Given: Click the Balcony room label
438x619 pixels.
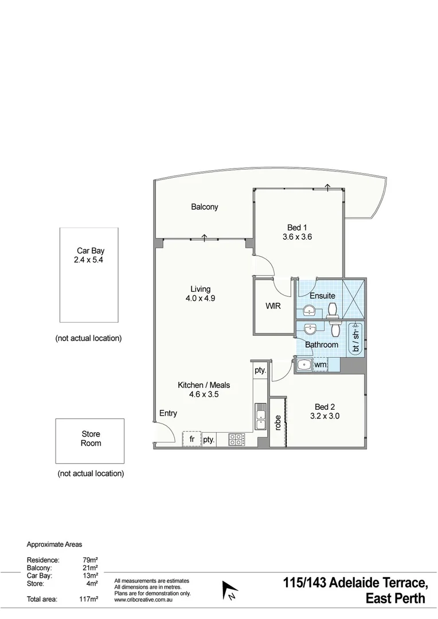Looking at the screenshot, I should [204, 207].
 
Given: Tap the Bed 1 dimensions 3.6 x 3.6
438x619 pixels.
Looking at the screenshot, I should [297, 237].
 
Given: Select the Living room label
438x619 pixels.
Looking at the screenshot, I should [200, 289].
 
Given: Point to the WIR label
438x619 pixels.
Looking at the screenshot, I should [273, 307].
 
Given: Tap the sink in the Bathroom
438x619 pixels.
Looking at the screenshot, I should [310, 330].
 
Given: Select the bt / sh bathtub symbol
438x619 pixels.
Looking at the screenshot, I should [355, 339].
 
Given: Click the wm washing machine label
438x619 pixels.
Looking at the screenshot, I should [320, 365].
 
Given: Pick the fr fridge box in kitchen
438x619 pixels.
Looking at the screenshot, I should [191, 440].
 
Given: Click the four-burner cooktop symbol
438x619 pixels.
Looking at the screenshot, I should [236, 440].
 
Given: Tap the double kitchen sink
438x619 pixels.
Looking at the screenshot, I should [260, 417].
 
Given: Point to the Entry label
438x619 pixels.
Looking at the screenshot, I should [168, 413].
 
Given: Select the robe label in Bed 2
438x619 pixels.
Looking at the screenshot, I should [278, 424].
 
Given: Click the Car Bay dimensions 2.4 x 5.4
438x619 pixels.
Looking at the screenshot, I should [90, 260].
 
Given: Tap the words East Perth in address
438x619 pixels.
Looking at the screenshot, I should [395, 600].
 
